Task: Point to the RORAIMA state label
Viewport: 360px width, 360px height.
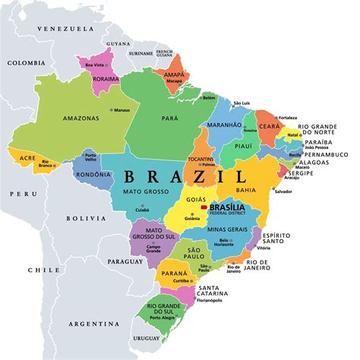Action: pos(106,78)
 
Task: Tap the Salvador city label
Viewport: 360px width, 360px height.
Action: pos(283,191)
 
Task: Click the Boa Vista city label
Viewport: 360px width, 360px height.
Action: pos(95,66)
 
